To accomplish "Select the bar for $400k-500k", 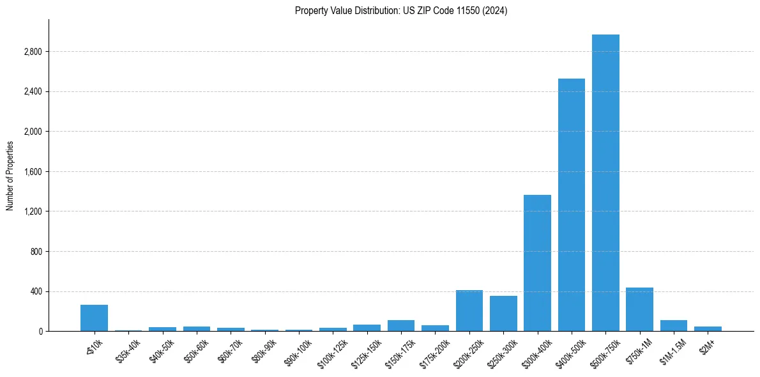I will tap(572, 204).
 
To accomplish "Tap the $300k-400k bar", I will tap(537, 263).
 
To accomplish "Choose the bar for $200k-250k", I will tap(469, 311).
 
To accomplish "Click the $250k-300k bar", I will tap(503, 313).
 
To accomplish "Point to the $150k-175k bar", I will tap(401, 325).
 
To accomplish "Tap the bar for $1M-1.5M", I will tap(674, 325).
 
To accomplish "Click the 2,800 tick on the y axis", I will tap(33, 52).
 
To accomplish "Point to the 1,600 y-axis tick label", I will tap(33, 172).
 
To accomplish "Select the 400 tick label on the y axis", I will tap(36, 292).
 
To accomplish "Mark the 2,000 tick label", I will tap(33, 132).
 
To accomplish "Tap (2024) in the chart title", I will tap(496, 10).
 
